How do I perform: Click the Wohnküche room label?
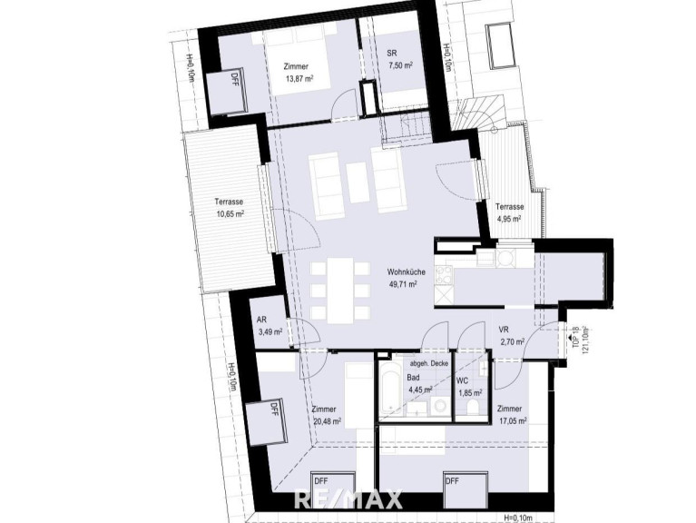click(407, 272)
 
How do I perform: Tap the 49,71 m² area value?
click(403, 284)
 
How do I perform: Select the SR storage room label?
click(391, 54)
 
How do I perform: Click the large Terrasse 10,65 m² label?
click(229, 207)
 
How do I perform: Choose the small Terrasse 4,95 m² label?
click(509, 212)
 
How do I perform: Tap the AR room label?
click(261, 320)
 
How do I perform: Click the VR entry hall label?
click(504, 330)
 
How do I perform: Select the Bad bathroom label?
click(413, 379)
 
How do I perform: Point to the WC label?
click(462, 381)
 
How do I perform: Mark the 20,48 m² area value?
click(328, 421)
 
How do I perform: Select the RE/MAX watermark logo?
click(348, 499)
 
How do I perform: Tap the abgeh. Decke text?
click(429, 363)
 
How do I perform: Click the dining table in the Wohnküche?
click(341, 291)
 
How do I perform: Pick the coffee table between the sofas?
click(357, 182)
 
